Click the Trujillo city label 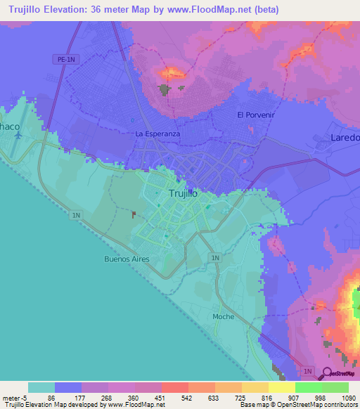point(184,193)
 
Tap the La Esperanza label point(157,134)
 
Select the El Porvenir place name point(254,115)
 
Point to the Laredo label point(345,138)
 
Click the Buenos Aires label point(127,259)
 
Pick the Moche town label point(224,317)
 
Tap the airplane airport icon point(17,134)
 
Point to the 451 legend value point(161,397)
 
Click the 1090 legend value point(347,397)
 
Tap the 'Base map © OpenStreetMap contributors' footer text point(297,405)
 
